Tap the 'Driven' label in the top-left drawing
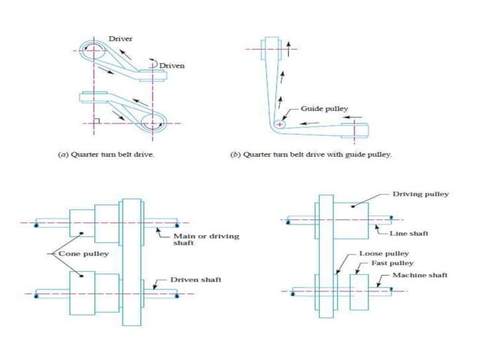click(170, 66)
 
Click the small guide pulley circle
click(280, 124)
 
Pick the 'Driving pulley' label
click(421, 194)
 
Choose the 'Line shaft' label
click(412, 233)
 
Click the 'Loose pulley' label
click(384, 254)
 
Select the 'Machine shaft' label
click(420, 276)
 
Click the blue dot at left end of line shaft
click(286, 221)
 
